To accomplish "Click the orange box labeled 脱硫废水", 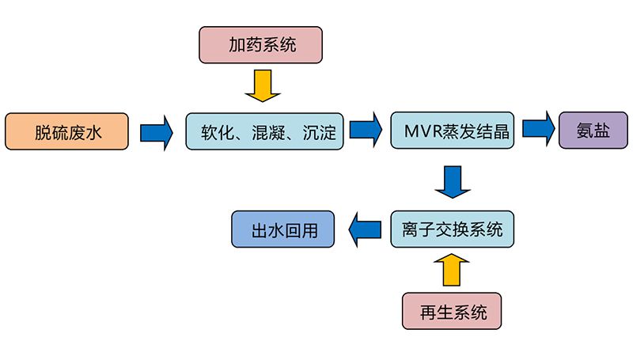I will pyautogui.click(x=66, y=131).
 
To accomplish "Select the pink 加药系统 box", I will pyautogui.click(x=261, y=44).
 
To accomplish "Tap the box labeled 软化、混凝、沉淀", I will pyautogui.click(x=266, y=131).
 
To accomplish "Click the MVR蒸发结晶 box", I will pyautogui.click(x=452, y=131).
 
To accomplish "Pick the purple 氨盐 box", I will pyautogui.click(x=593, y=131).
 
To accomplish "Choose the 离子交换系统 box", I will pyautogui.click(x=452, y=230).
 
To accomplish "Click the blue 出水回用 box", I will pyautogui.click(x=282, y=230).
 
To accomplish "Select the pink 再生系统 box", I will pyautogui.click(x=452, y=311).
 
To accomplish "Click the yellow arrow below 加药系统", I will pyautogui.click(x=262, y=85).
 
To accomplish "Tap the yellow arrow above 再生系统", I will pyautogui.click(x=452, y=269).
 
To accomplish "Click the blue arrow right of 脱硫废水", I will pyautogui.click(x=157, y=131).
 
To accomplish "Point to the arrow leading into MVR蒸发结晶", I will pyautogui.click(x=367, y=131).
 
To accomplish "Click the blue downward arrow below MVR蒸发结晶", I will pyautogui.click(x=453, y=182).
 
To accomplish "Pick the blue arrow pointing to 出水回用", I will pyautogui.click(x=365, y=230).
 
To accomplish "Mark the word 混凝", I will pyautogui.click(x=266, y=131).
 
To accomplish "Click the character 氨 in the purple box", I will pyautogui.click(x=584, y=131).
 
